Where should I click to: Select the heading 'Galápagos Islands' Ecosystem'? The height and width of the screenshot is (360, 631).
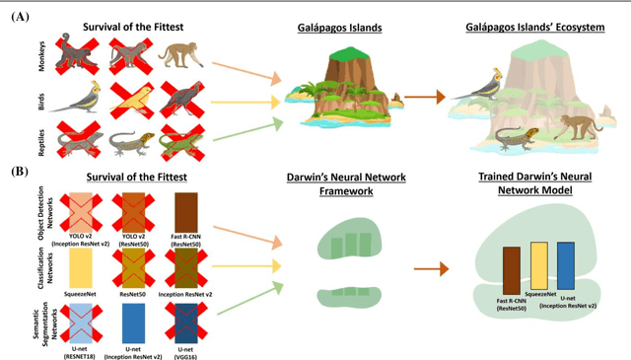(x=535, y=27)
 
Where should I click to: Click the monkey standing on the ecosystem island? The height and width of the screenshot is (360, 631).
(x=572, y=123)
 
